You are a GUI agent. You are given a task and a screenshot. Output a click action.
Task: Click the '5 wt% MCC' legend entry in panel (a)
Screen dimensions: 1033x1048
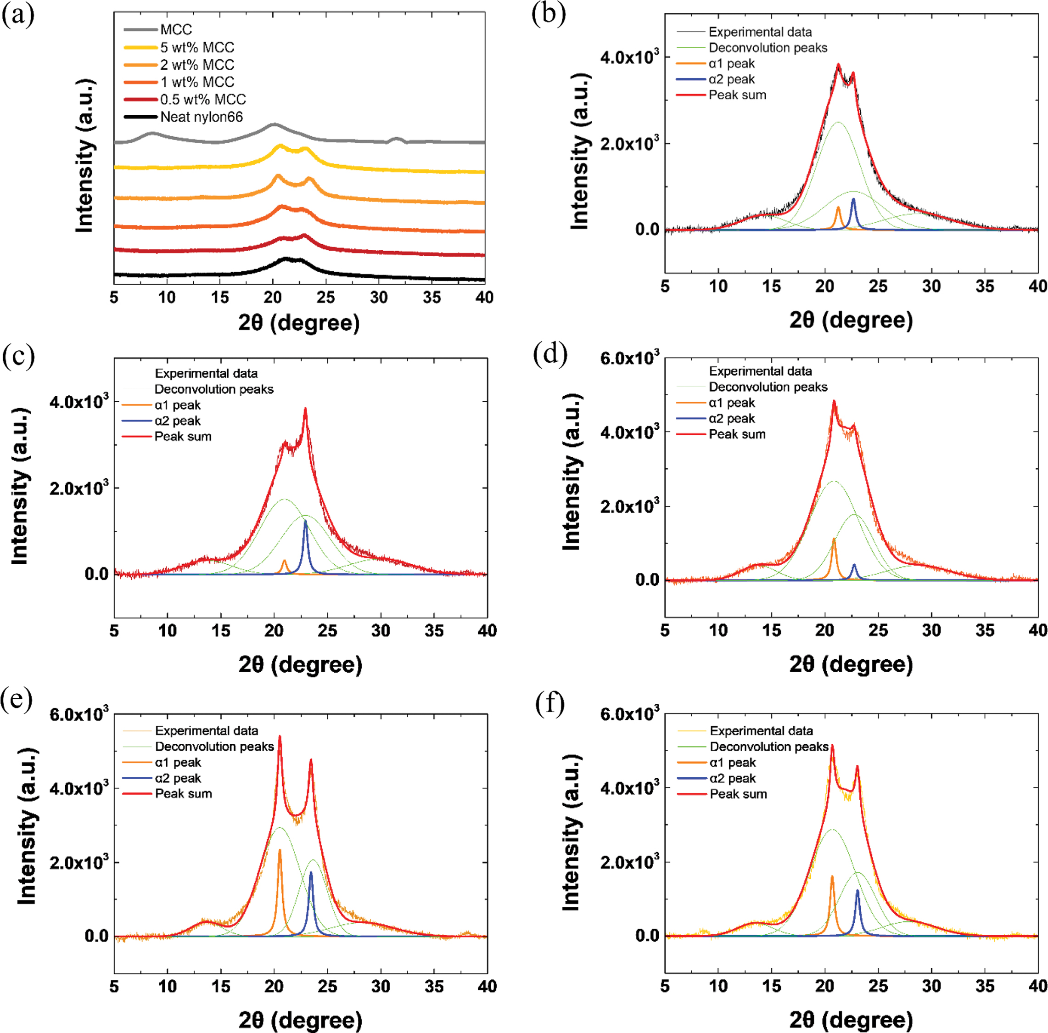tap(197, 47)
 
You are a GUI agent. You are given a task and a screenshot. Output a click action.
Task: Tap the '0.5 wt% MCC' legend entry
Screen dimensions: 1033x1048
tap(203, 99)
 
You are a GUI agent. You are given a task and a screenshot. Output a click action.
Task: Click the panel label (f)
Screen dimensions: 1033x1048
tap(549, 703)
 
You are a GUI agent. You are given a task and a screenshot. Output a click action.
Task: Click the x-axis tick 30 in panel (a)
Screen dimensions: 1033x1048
tap(379, 298)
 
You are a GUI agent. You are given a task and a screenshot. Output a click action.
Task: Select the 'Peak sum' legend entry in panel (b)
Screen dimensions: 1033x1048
tap(737, 95)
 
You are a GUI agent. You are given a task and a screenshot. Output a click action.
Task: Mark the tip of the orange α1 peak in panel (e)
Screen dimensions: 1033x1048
tap(280, 850)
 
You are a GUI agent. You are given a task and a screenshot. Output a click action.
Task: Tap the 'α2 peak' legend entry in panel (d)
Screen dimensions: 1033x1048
tap(732, 418)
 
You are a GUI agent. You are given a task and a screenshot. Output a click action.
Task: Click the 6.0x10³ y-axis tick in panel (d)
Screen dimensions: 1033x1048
tap(629, 359)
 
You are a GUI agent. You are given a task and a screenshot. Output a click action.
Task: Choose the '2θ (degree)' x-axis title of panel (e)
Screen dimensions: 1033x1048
tap(300, 1020)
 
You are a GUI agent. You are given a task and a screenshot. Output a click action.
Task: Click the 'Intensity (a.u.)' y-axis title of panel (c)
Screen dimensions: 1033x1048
tap(20, 486)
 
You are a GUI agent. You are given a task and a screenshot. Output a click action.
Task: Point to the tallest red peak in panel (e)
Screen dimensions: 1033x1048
tap(280, 737)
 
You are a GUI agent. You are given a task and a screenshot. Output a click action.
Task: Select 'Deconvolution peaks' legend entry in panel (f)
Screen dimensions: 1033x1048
tap(768, 747)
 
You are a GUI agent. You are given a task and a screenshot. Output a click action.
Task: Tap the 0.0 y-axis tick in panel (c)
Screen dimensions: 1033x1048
tap(96, 574)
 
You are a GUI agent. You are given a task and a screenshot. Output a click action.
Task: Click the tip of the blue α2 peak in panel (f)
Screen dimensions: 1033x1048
tap(857, 890)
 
